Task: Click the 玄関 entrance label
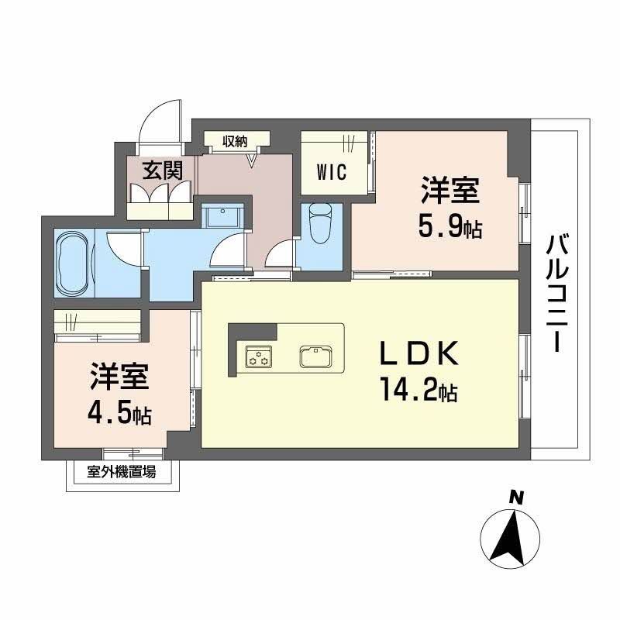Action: coord(160,169)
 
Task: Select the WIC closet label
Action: coord(331,170)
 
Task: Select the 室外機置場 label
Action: coord(122,470)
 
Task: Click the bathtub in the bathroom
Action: coord(73,263)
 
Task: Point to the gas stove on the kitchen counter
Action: coord(258,357)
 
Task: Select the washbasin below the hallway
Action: coord(223,215)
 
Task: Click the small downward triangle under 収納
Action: coord(251,161)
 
